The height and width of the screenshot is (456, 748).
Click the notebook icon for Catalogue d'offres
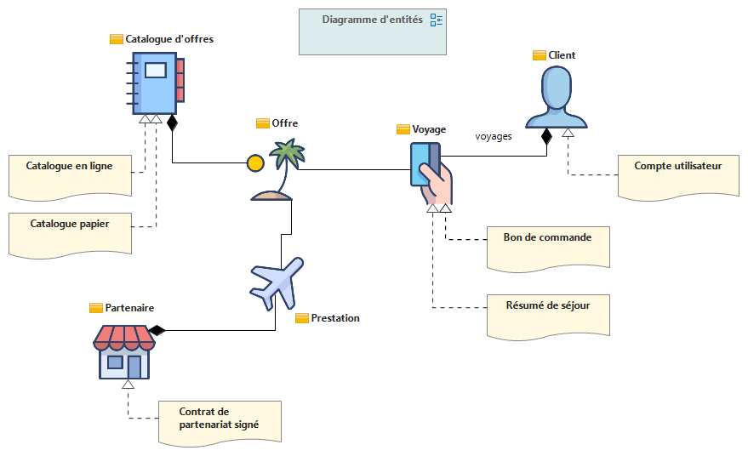(157, 83)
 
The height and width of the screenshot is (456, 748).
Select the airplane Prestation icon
(277, 282)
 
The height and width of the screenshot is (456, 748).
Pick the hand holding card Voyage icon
(431, 174)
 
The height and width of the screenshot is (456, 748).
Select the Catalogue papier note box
(70, 232)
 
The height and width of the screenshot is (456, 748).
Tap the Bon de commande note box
(548, 247)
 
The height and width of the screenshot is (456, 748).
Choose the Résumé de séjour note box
(548, 313)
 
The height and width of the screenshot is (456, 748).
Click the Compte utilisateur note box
(677, 176)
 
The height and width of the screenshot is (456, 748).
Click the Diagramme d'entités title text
(372, 20)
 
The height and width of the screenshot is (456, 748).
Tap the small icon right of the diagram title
(437, 20)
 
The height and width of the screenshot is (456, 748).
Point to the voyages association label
(494, 135)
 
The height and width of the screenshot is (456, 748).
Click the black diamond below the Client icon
(546, 135)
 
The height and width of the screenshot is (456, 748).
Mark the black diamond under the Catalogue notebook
(172, 123)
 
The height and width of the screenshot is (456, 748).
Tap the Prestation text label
(335, 318)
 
